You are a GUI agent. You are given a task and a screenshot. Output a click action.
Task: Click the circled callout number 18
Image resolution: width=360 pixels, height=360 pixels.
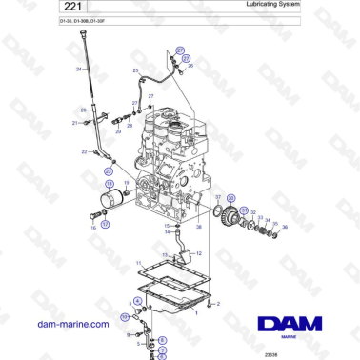coord(109,184)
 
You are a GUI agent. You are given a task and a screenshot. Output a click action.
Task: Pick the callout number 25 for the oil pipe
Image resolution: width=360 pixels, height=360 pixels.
coord(136,72)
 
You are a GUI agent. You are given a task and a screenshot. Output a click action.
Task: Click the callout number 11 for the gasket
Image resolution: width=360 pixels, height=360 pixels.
coord(138,263)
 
